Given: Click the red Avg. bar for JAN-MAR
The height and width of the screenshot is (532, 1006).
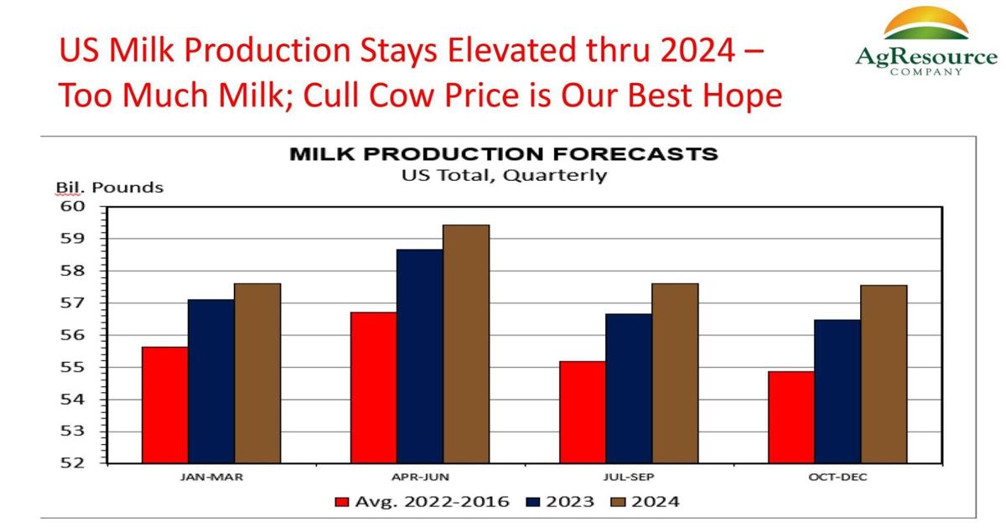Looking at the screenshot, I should (164, 405).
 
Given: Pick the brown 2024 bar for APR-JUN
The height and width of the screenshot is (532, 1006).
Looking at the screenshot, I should (466, 343).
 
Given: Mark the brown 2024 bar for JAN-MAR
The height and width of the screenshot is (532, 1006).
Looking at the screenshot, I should (257, 373).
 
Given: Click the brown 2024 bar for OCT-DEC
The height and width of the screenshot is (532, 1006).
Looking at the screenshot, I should (884, 374).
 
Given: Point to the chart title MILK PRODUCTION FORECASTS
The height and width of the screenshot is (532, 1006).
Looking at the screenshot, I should (503, 155).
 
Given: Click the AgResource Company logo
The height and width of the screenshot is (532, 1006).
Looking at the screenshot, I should (926, 42).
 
